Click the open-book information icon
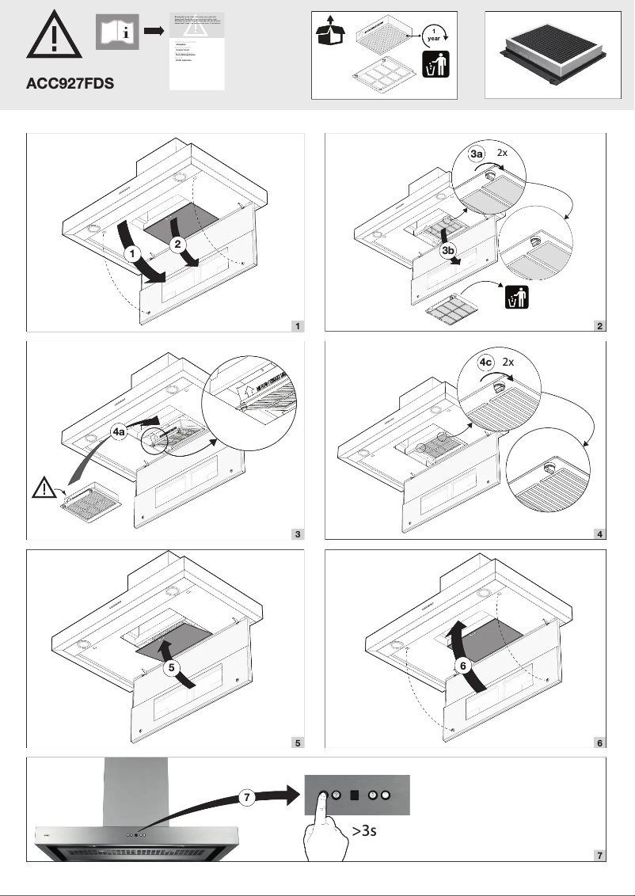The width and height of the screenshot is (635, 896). click(x=117, y=32)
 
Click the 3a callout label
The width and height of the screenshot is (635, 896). click(x=476, y=154)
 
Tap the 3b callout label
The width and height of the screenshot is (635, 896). click(x=448, y=251)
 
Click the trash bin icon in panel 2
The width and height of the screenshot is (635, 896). click(x=515, y=298)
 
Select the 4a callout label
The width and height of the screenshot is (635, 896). click(x=118, y=434)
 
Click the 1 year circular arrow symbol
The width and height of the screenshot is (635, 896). click(x=433, y=33)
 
